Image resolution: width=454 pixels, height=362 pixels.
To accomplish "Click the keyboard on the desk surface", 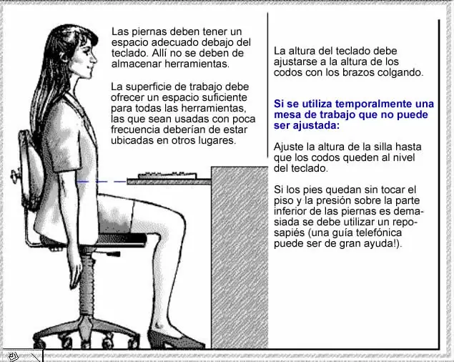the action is pos(167,176).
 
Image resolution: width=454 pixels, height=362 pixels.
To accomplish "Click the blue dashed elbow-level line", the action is pos(102,182).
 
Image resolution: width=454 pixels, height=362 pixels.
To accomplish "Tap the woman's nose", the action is pos(94,58).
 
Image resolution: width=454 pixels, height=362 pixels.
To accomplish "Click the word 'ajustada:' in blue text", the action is pos(316,125).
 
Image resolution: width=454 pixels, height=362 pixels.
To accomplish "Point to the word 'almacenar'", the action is pos(137,64).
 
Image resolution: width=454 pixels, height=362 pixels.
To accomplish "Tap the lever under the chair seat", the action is pos(113,254).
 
